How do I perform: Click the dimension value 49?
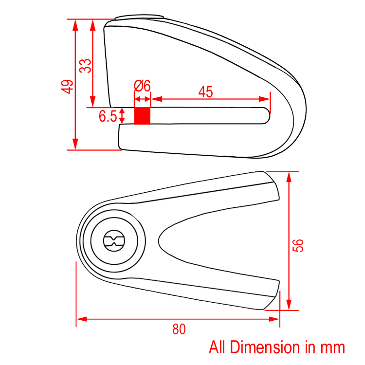(x=67, y=87)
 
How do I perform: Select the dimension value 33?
(x=85, y=66)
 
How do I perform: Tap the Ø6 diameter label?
(x=142, y=86)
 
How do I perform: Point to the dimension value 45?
(x=205, y=91)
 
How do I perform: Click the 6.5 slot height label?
(x=108, y=116)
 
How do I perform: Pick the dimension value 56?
(x=298, y=245)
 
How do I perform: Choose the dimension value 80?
(x=179, y=329)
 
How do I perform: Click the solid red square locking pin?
(x=142, y=116)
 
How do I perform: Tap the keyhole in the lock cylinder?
(x=114, y=241)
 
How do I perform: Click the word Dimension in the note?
(x=265, y=347)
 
